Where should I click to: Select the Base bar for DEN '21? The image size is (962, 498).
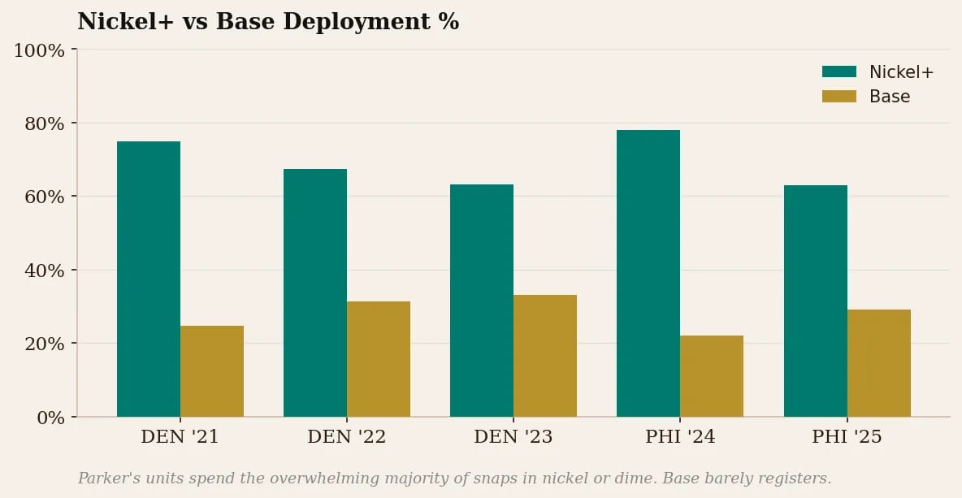[x=212, y=371]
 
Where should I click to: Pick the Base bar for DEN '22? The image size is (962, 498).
[x=379, y=359]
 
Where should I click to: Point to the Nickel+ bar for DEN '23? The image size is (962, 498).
[x=482, y=301]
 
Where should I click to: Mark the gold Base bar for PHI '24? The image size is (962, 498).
[x=712, y=376]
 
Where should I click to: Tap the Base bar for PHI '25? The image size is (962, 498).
[x=879, y=363]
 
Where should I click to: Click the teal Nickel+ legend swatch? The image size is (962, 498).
[x=839, y=71]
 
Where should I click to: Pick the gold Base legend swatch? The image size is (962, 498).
[x=839, y=96]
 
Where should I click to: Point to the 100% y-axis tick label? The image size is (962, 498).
[x=40, y=50]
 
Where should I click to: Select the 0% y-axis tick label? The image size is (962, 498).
[x=50, y=418]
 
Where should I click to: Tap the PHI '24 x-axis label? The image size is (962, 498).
[x=680, y=437]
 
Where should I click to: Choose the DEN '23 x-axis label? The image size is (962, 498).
[x=513, y=437]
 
